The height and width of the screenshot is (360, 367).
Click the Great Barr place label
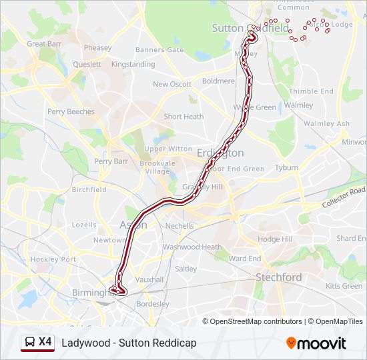coord(45,44)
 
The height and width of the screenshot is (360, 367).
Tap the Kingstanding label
coord(133,65)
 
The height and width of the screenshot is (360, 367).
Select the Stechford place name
coord(279,277)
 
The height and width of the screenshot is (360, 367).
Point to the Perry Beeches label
coord(71,112)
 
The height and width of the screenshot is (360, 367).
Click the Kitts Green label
coord(344,286)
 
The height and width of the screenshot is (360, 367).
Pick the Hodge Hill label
coord(275,239)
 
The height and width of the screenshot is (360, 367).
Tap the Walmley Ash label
coord(326,124)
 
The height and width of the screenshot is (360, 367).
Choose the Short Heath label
coord(183,117)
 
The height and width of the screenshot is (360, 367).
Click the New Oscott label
coord(172,85)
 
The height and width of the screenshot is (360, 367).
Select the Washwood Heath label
coord(192,247)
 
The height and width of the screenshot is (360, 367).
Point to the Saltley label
coord(186,269)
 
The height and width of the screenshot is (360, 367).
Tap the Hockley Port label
coord(53,259)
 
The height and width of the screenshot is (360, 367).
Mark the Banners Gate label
coord(159,50)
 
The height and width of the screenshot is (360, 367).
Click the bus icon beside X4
coord(30,343)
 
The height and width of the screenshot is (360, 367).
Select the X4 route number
coord(45,342)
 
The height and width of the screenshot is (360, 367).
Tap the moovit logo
coord(316,343)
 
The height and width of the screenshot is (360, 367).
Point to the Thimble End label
coord(311,91)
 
